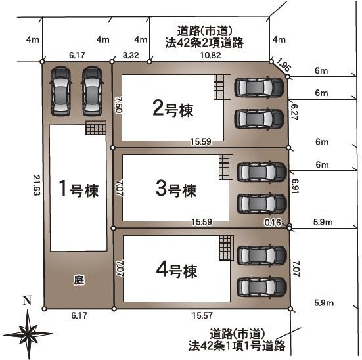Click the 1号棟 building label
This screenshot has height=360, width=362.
coord(79,189)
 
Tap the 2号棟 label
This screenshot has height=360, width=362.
coord(173,109)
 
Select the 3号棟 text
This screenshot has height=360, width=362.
coord(176,189)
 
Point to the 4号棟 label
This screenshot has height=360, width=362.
coord(177,269)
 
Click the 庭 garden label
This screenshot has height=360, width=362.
coord(79,280)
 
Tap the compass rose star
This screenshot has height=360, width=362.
coord(28,334)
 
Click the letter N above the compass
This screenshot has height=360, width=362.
coord(27,300)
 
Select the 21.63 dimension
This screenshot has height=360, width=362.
coord(37,185)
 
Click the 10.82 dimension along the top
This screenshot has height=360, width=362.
coord(210,55)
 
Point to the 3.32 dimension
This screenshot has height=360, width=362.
coord(131,55)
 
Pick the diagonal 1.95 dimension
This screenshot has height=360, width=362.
coord(283,64)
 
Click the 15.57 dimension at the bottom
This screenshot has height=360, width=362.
coord(202,315)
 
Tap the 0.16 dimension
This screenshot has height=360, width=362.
coord(273,223)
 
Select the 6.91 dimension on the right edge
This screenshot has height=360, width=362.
coord(295,186)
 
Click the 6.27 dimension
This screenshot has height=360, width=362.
coord(294,112)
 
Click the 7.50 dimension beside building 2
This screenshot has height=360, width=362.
coord(118,104)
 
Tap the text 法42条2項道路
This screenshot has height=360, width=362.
coord(204,43)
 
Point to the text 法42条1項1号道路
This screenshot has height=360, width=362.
coord(237,346)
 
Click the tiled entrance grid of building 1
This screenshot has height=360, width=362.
coord(96,127)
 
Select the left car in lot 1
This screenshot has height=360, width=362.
coord(60,91)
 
